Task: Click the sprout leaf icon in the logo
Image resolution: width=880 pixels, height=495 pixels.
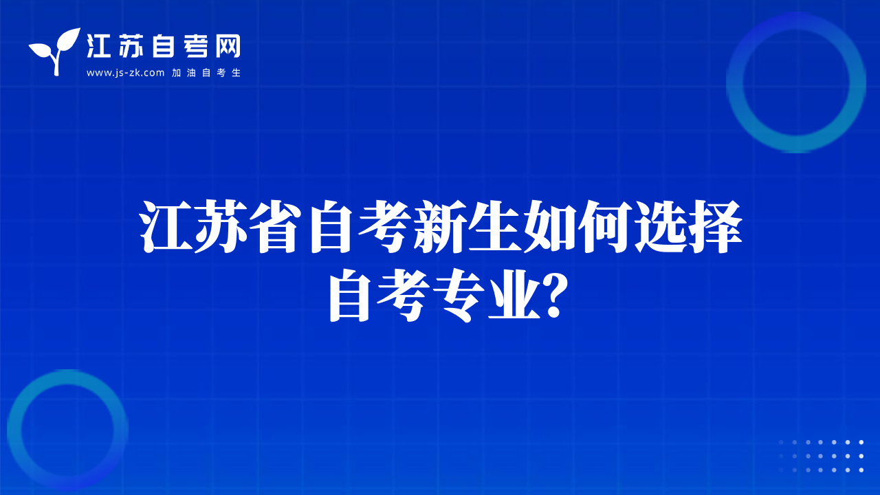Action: click(55, 51)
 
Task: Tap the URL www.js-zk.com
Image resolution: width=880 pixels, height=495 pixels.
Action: click(125, 73)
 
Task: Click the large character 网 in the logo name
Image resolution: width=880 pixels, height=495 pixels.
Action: click(228, 46)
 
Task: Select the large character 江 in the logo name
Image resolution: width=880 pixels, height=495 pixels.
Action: click(98, 46)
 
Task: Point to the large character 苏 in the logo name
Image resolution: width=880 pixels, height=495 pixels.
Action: click(131, 46)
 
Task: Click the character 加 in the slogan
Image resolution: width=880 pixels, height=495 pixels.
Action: click(177, 73)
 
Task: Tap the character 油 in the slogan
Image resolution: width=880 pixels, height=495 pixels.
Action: click(191, 73)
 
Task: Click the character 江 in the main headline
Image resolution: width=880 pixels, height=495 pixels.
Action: click(167, 226)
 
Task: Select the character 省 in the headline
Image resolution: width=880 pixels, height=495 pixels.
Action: click(276, 226)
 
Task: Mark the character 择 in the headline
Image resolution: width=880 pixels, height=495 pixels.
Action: click(714, 226)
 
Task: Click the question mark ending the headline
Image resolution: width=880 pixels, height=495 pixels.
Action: click(554, 296)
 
